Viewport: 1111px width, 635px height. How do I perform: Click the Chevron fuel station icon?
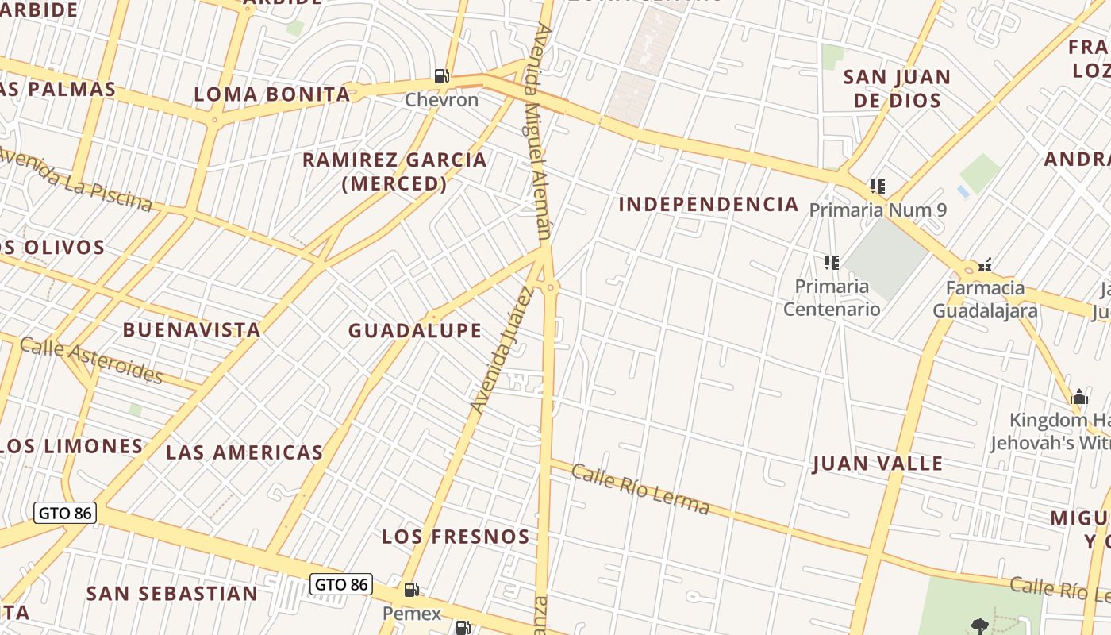click(x=441, y=77)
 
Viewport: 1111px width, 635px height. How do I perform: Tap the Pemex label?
click(x=412, y=614)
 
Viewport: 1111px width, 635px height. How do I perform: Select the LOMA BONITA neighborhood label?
click(x=272, y=94)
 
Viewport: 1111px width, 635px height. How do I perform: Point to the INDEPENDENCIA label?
click(x=709, y=205)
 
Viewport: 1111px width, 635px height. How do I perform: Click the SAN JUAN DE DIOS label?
click(x=896, y=89)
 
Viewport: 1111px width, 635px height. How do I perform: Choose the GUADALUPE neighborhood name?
click(x=415, y=331)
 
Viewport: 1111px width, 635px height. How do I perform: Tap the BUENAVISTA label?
click(x=191, y=330)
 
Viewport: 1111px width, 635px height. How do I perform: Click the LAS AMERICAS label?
click(x=244, y=453)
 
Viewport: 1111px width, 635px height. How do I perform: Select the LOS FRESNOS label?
click(x=456, y=537)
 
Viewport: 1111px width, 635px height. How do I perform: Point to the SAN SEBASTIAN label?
click(x=171, y=594)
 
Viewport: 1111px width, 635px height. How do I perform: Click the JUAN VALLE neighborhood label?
click(x=878, y=464)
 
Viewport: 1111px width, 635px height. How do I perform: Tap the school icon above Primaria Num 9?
click(x=877, y=187)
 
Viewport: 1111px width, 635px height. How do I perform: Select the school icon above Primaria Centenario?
click(x=832, y=262)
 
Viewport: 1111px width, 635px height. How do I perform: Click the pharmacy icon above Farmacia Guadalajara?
click(x=985, y=264)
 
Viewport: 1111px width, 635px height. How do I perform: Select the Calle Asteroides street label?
click(x=91, y=360)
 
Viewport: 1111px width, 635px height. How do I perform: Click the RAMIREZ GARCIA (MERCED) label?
click(x=394, y=171)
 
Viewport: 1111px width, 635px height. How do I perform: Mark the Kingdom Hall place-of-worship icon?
click(x=1079, y=396)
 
